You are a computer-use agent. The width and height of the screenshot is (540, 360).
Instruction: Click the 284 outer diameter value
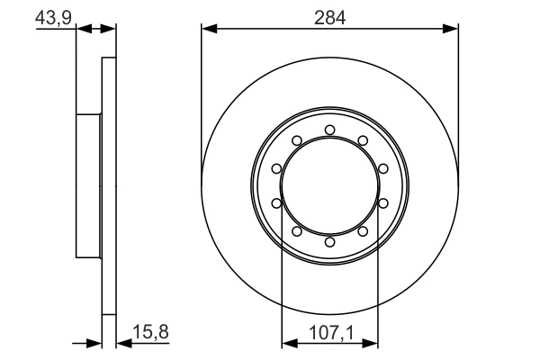(330, 17)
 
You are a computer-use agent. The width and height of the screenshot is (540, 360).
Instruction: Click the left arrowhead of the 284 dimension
(208, 29)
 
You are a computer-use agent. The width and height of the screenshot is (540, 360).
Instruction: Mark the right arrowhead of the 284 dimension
(453, 29)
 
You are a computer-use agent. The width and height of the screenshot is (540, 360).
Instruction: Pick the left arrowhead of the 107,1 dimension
(289, 342)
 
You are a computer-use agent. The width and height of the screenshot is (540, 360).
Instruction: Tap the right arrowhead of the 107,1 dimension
(372, 342)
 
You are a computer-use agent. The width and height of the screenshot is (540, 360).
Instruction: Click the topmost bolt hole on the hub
(330, 130)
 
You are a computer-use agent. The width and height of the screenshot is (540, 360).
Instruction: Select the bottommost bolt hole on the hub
(330, 242)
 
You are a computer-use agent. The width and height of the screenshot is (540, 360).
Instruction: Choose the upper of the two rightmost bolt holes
(383, 169)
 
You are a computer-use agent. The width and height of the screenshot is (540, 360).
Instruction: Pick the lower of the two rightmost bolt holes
(383, 203)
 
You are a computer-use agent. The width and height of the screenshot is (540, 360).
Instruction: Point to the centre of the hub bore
(330, 186)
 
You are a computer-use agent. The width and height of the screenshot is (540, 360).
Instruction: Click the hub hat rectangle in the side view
(88, 186)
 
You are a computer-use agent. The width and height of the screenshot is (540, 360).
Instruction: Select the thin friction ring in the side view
(110, 186)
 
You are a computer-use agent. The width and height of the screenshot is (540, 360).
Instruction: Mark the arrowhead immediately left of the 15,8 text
(123, 342)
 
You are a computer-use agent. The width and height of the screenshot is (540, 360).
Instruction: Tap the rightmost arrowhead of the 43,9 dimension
(111, 29)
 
